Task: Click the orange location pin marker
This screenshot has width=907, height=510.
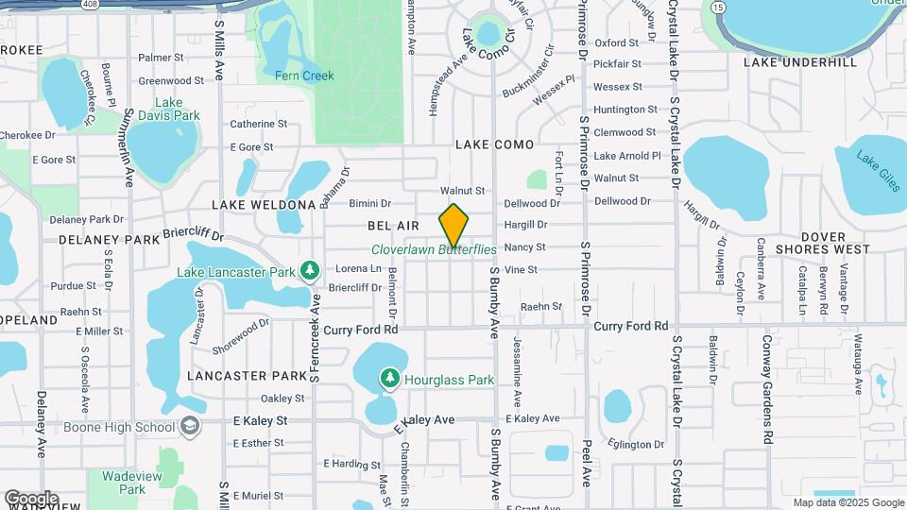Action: coord(454,226)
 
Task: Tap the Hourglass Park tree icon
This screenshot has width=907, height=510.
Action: coord(389,379)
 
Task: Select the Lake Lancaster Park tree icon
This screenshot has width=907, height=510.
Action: coord(309,272)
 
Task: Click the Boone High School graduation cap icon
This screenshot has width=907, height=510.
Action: coord(191,427)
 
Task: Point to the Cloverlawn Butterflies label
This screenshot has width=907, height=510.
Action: coord(434,249)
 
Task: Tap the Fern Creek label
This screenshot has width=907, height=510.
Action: coord(304,76)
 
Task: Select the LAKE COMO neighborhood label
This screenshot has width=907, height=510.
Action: coord(494,144)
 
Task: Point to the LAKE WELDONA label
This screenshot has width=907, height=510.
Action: coord(263,204)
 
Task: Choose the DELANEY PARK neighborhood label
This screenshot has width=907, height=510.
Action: coord(110,240)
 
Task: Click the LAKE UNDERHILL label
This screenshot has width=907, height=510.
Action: coord(800,61)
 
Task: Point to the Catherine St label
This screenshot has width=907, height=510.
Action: coord(258,124)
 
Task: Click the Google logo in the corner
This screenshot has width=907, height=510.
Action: coord(30,498)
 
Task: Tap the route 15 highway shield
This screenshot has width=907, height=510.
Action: coord(720,8)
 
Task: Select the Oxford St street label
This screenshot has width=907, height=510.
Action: coord(617,42)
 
